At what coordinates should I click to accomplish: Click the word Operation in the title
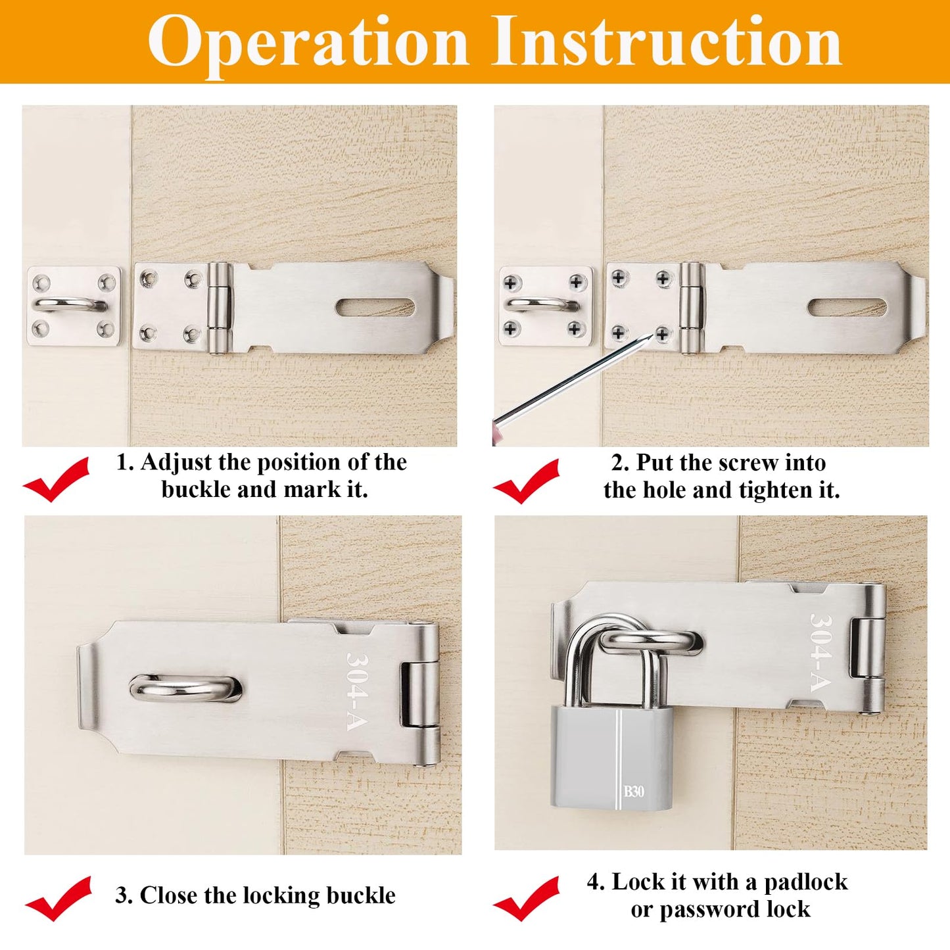pos(308,41)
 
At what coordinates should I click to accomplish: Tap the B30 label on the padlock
pos(634,791)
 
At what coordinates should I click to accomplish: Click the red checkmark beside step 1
pos(57,479)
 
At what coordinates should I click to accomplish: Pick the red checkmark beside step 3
pos(59,898)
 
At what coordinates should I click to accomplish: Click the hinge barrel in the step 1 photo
pos(219,308)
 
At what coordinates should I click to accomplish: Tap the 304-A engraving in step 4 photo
pos(822,652)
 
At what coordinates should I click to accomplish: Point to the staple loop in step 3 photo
pos(185,688)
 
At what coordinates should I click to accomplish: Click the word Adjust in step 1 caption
pos(176,462)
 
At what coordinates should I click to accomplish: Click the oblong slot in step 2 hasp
pos(847,307)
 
